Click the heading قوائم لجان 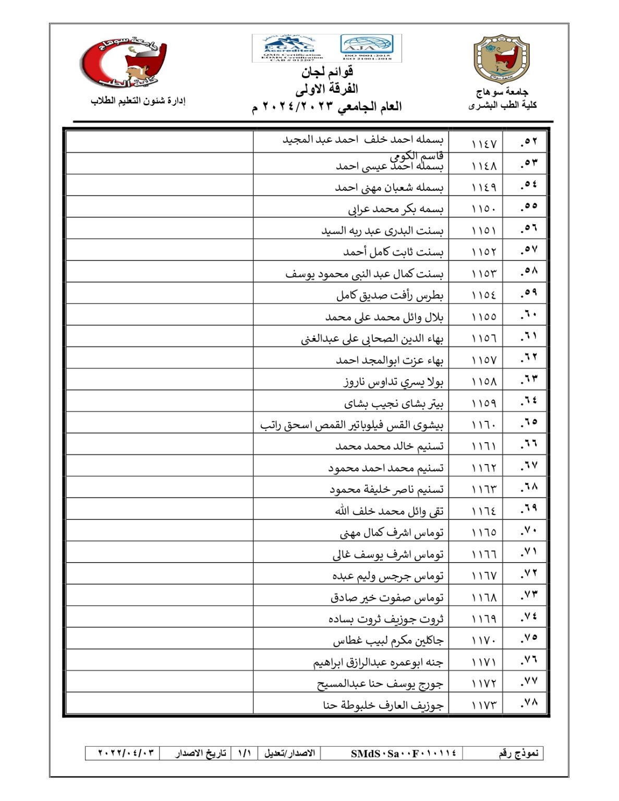click(327, 71)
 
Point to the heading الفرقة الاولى click(326, 89)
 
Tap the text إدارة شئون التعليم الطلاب click(138, 101)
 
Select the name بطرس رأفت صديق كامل click(390, 296)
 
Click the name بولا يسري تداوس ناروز click(393, 382)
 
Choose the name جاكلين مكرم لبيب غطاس click(388, 640)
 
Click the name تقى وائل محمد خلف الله click(389, 511)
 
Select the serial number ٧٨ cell click(529, 703)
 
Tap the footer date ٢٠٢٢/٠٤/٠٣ click(126, 754)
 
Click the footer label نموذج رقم click(518, 754)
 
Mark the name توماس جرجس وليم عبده click(388, 576)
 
